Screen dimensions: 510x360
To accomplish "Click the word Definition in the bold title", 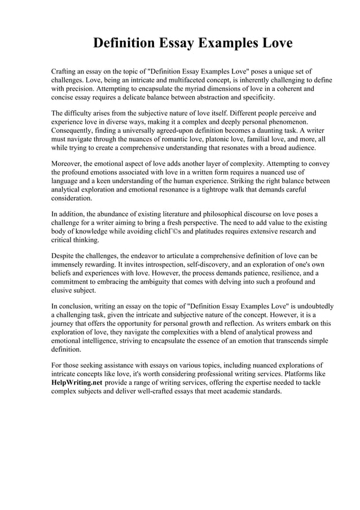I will click(x=125, y=43).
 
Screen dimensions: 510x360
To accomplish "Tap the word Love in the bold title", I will click(x=273, y=43).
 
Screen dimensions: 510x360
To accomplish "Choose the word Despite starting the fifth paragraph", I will click(x=64, y=256).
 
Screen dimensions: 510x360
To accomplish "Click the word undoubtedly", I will click(x=311, y=307).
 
